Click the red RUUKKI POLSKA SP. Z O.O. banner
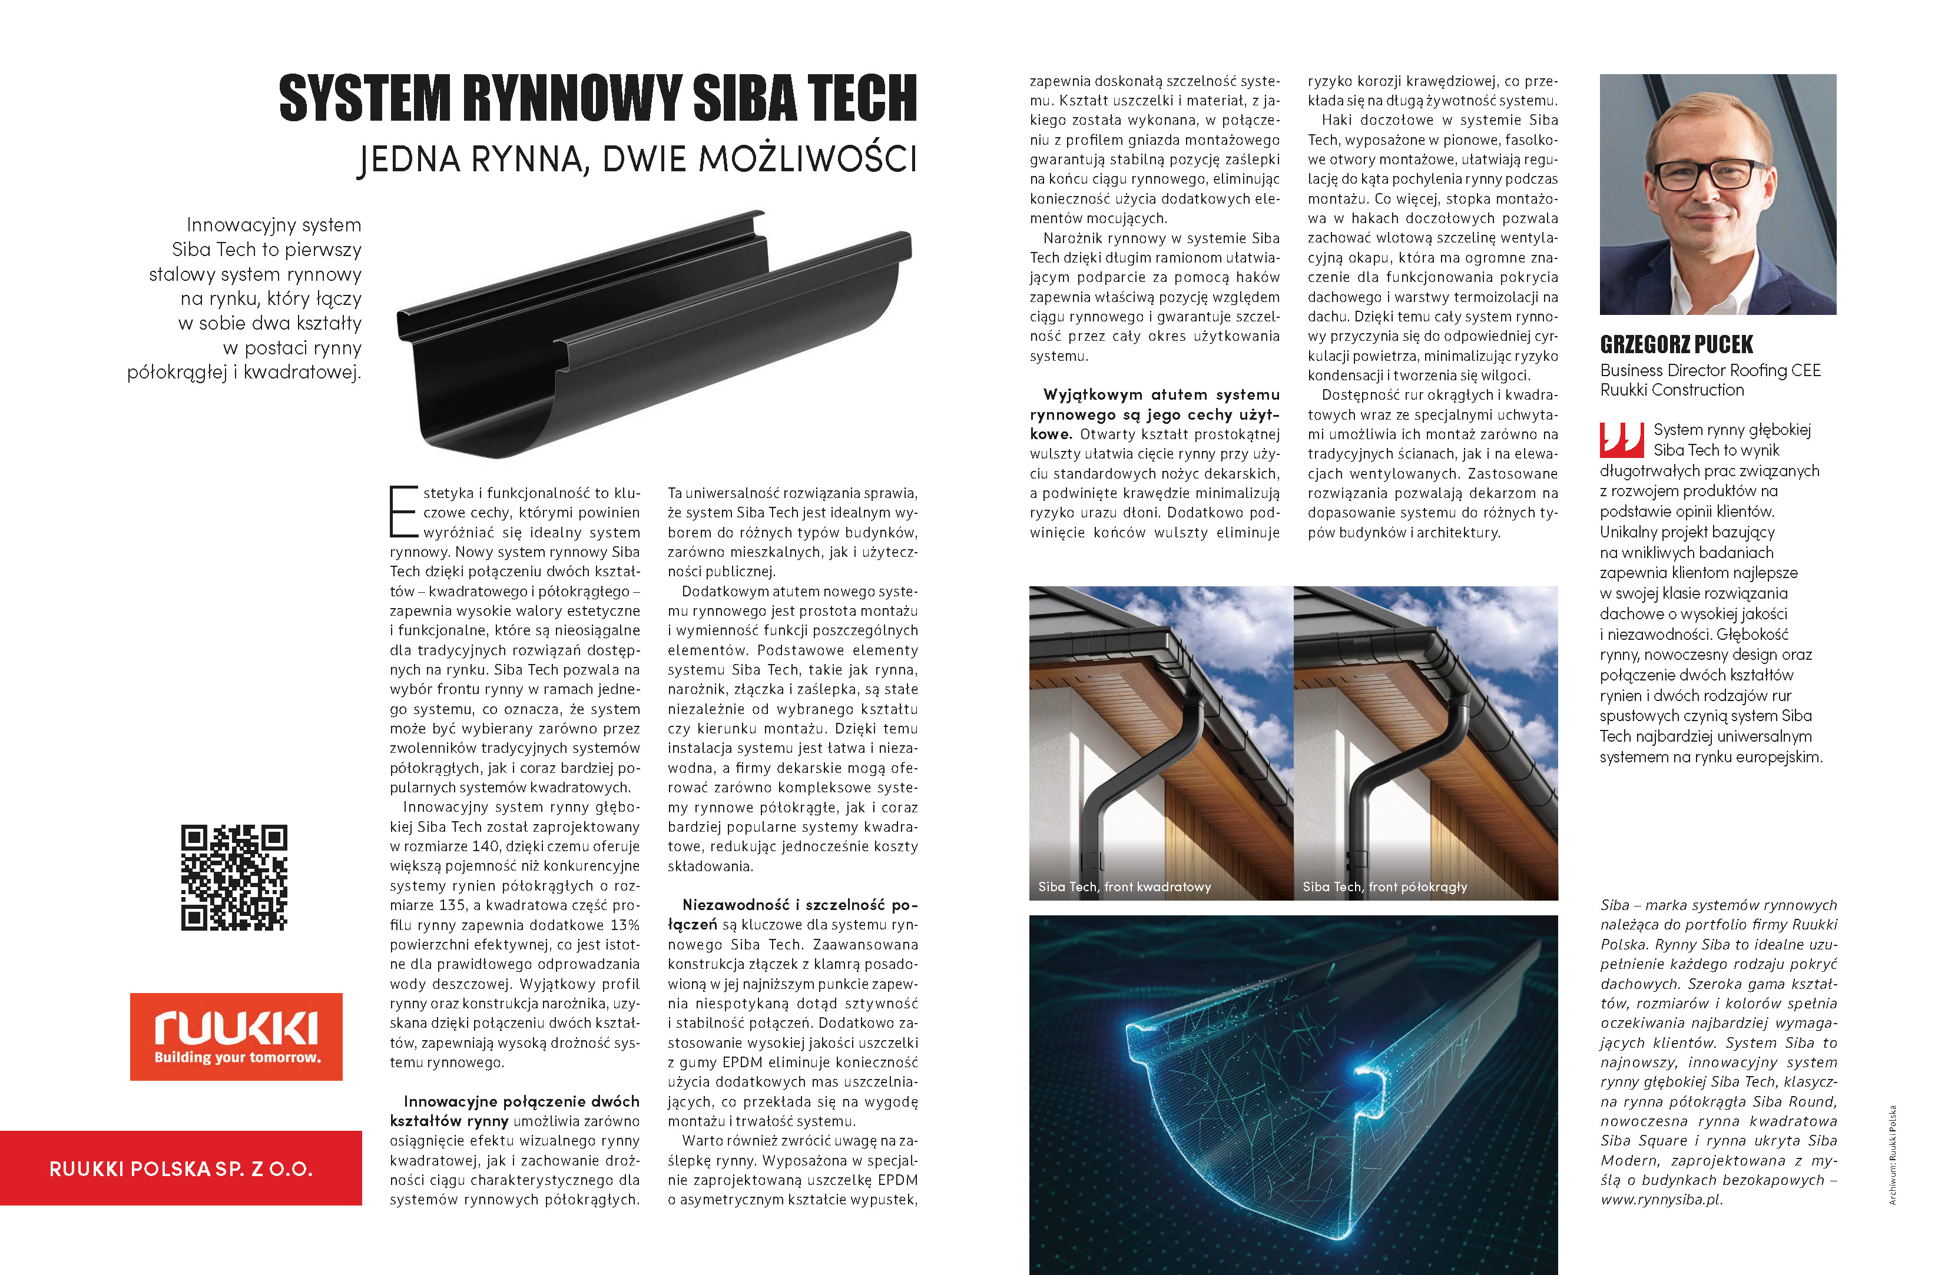click(181, 1168)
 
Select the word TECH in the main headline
click(862, 98)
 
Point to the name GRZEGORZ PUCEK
click(1677, 344)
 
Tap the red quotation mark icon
click(1621, 440)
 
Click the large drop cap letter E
click(403, 512)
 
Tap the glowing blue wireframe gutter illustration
click(1293, 1097)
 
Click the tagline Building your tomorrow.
click(237, 1057)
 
